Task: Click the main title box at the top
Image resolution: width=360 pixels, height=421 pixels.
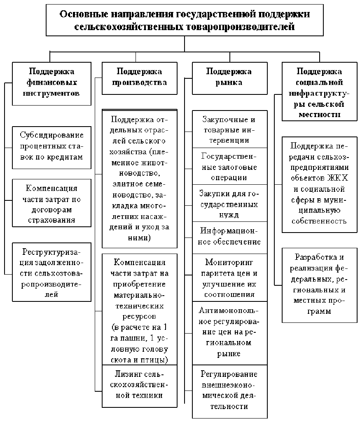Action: [184, 20]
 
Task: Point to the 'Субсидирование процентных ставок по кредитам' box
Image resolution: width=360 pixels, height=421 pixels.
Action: [51, 146]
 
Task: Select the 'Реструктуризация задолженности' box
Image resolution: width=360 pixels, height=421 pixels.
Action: [51, 273]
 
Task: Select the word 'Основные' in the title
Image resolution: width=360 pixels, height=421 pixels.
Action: [79, 14]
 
